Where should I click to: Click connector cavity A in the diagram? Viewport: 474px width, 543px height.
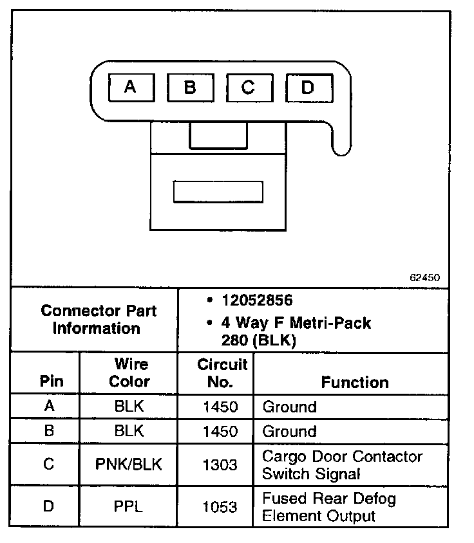[131, 87]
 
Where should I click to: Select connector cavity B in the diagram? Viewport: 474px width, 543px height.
[189, 87]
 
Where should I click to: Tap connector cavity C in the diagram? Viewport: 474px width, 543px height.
[249, 87]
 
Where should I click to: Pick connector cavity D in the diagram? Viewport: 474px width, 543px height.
[307, 87]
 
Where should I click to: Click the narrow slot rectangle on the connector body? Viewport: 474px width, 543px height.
[218, 192]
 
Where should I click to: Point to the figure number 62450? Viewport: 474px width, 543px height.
[424, 278]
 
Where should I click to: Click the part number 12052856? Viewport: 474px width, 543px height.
[257, 300]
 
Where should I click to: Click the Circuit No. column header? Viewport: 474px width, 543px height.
[222, 373]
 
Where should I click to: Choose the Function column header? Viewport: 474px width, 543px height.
[355, 382]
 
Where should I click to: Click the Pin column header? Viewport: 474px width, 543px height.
[52, 381]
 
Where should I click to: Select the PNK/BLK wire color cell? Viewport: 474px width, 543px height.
[129, 465]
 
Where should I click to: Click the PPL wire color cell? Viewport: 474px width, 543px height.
[129, 507]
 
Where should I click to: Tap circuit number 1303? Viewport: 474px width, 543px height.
[220, 465]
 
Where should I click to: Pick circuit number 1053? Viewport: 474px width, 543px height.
[220, 507]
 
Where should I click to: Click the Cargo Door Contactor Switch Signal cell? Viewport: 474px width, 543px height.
[341, 465]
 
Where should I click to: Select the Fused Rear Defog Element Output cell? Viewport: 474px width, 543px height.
[328, 507]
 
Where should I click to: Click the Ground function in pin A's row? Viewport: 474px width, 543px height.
[289, 407]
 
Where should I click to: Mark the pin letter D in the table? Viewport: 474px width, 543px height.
[48, 507]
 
